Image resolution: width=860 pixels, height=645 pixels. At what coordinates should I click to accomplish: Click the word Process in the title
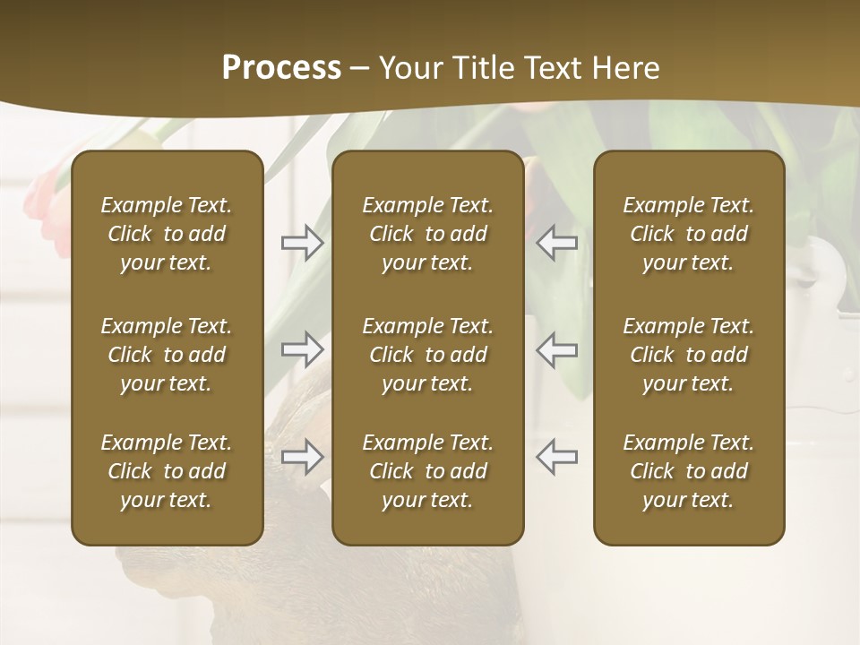281,68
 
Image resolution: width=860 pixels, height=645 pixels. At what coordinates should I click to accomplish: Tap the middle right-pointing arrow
302,349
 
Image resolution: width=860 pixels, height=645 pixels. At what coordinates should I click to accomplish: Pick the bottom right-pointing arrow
302,457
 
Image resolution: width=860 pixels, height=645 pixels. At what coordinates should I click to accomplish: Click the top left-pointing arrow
557,243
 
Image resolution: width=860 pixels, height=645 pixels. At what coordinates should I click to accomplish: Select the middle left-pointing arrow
557,349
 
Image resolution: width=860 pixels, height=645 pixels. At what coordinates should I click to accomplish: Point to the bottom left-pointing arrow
557,456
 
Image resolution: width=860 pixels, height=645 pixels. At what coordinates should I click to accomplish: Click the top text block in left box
167,234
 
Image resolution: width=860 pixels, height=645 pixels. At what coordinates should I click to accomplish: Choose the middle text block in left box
167,355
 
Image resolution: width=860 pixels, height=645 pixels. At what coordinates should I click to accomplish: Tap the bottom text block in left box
167,471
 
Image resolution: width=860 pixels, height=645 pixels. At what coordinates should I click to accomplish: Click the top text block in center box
428,234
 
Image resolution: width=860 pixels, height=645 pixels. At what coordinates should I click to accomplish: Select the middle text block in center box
428,355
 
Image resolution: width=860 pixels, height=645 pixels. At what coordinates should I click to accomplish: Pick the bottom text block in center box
428,471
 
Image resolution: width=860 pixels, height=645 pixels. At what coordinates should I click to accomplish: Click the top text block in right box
689,234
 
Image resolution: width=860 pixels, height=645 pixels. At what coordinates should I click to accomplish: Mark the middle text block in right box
689,355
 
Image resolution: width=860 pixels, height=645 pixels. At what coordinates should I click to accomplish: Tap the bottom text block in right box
689,471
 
